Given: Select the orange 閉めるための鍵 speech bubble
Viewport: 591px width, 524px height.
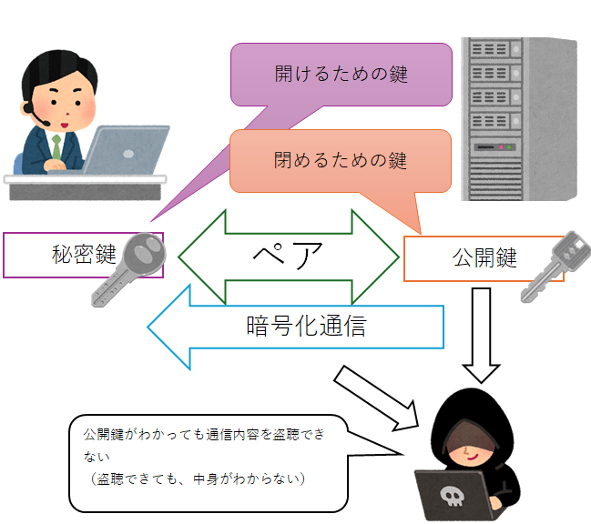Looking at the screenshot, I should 341,161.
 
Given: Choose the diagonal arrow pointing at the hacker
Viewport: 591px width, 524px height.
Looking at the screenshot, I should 373,397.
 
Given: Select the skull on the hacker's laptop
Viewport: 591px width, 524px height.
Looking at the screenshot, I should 452,496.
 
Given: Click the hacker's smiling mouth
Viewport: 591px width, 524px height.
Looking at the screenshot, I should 466,455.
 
